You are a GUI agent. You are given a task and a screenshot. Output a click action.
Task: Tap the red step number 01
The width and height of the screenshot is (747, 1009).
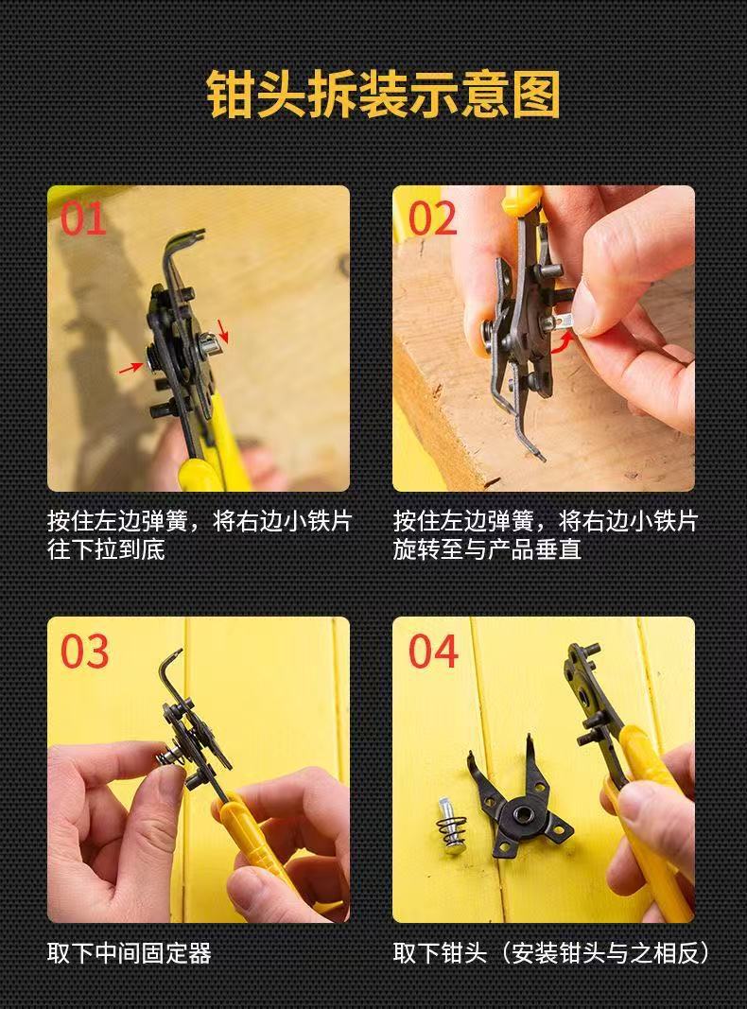pos(83,218)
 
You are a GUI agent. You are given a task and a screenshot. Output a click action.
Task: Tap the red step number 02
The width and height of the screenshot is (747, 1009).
pos(432,218)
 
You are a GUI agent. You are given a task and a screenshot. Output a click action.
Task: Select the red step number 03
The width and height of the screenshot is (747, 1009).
pos(84,652)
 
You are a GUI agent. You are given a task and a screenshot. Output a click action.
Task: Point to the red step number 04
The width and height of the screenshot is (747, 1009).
pos(433,652)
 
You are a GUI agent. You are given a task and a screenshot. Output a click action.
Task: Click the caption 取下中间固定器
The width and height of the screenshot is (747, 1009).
pos(130,952)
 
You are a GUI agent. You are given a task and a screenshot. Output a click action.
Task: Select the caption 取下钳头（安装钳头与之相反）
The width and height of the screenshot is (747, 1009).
pos(551,952)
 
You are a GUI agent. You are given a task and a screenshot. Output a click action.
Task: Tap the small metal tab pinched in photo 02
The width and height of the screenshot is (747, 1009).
pos(569,322)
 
